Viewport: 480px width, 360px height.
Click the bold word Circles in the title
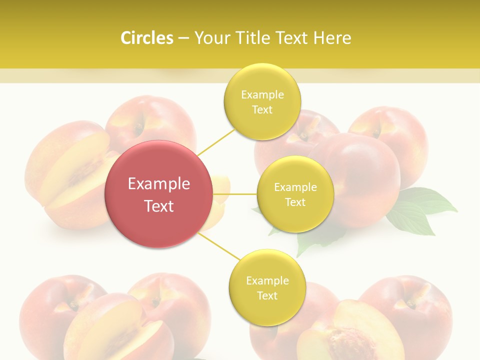(147, 38)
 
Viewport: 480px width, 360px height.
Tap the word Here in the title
(332, 38)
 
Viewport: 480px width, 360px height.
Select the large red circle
(158, 194)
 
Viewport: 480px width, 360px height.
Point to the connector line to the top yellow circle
(216, 142)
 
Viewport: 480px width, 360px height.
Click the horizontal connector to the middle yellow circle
(235, 194)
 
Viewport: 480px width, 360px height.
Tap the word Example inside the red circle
(158, 183)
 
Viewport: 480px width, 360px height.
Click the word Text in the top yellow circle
(262, 110)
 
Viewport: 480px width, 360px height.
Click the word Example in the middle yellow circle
(295, 187)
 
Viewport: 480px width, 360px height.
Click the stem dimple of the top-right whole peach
(376, 131)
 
